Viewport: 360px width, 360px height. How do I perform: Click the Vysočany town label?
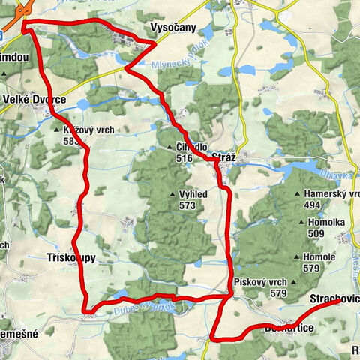pyautogui.click(x=174, y=26)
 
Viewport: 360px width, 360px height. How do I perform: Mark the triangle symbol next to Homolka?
pyautogui.click(x=301, y=223)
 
